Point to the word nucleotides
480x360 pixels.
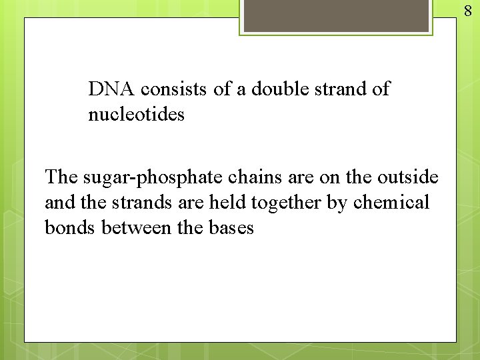(x=136, y=115)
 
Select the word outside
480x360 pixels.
(x=408, y=177)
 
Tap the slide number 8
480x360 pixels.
(x=468, y=10)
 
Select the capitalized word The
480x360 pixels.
(x=61, y=177)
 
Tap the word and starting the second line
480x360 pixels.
(x=59, y=202)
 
